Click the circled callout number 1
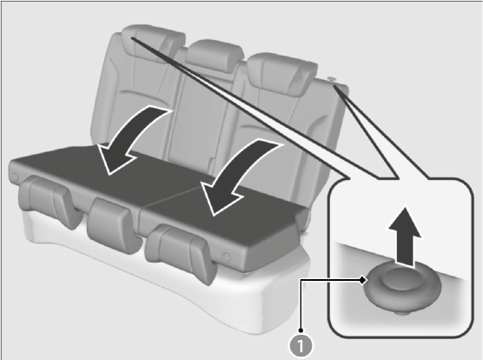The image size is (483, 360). click(x=301, y=345)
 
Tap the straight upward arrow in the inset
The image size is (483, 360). click(x=405, y=236)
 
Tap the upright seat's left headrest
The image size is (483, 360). click(x=153, y=43)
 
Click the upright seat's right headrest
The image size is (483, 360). click(x=281, y=74)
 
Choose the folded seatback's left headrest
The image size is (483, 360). click(x=50, y=202)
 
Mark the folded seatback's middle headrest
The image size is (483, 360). click(x=113, y=226)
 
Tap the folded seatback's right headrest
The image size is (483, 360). click(x=182, y=254)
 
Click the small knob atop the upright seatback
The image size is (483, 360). click(x=332, y=79)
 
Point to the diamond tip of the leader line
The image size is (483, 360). click(x=363, y=280)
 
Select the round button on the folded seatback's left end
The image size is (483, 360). click(x=15, y=177)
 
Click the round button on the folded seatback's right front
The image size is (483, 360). click(x=226, y=257)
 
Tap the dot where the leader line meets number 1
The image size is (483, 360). click(x=301, y=330)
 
